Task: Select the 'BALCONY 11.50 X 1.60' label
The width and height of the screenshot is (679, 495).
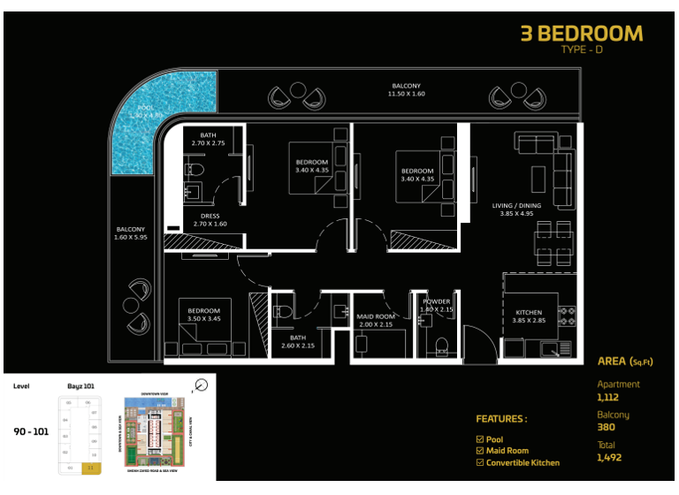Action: click(408, 89)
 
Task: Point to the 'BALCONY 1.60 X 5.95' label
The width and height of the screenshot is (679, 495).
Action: click(130, 233)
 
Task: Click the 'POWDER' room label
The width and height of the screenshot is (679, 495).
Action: click(437, 306)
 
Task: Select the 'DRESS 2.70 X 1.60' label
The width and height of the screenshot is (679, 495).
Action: click(210, 220)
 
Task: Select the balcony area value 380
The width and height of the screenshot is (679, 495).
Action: click(606, 427)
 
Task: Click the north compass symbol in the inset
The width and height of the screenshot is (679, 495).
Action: click(202, 385)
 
